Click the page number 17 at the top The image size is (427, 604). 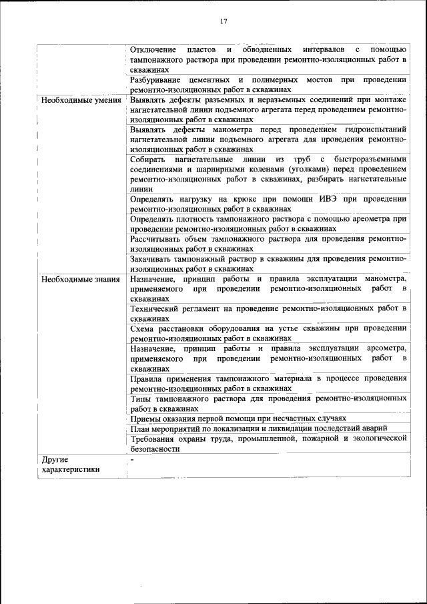(224, 21)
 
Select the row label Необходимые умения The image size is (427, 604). (81, 101)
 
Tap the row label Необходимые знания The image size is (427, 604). (80, 279)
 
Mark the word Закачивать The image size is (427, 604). (155, 258)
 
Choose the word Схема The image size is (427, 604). (143, 328)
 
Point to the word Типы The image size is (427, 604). (141, 398)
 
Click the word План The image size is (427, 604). (141, 428)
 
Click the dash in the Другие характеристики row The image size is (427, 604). (133, 459)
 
